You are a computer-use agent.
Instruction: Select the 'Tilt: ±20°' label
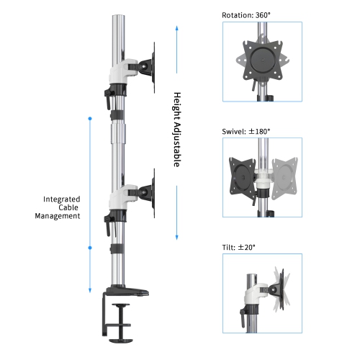239,247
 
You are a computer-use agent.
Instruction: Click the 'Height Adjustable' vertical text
176,130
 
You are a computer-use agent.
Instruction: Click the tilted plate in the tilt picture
277,288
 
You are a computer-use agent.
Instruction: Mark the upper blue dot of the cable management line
89,117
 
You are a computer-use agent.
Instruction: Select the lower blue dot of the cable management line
89,248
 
